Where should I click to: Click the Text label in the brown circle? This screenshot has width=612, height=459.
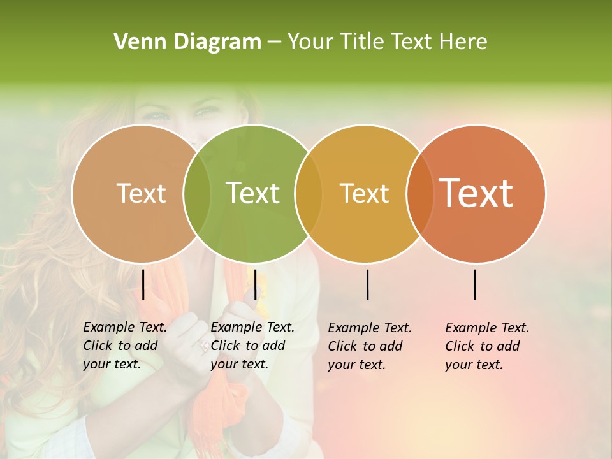click(141, 193)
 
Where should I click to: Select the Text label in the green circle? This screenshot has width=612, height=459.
click(252, 193)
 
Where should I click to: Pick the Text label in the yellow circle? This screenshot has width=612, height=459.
click(364, 193)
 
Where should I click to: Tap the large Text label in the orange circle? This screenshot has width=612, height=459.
click(476, 193)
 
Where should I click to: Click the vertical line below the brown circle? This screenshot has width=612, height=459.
click(143, 284)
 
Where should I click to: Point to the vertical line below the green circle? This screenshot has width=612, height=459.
click(255, 284)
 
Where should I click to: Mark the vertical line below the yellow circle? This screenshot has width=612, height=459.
click(367, 284)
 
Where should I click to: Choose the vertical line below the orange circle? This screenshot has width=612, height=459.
click(474, 284)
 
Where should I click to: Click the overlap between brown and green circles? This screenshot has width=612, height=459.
click(197, 193)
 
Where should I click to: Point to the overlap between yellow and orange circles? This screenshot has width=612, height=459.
click(420, 193)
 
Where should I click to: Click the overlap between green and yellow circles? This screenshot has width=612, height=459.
click(309, 193)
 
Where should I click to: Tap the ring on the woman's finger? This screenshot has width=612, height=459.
click(204, 346)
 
